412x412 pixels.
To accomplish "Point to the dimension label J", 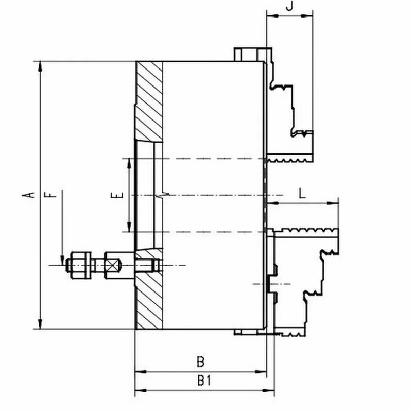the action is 289,6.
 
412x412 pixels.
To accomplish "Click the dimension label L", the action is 302,194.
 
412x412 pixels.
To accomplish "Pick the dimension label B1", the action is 204,381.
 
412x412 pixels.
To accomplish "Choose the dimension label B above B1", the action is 200,362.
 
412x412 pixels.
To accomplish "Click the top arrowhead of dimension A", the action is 40,66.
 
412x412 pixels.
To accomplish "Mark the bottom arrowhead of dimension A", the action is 40,324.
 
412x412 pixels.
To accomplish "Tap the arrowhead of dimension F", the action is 62,260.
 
